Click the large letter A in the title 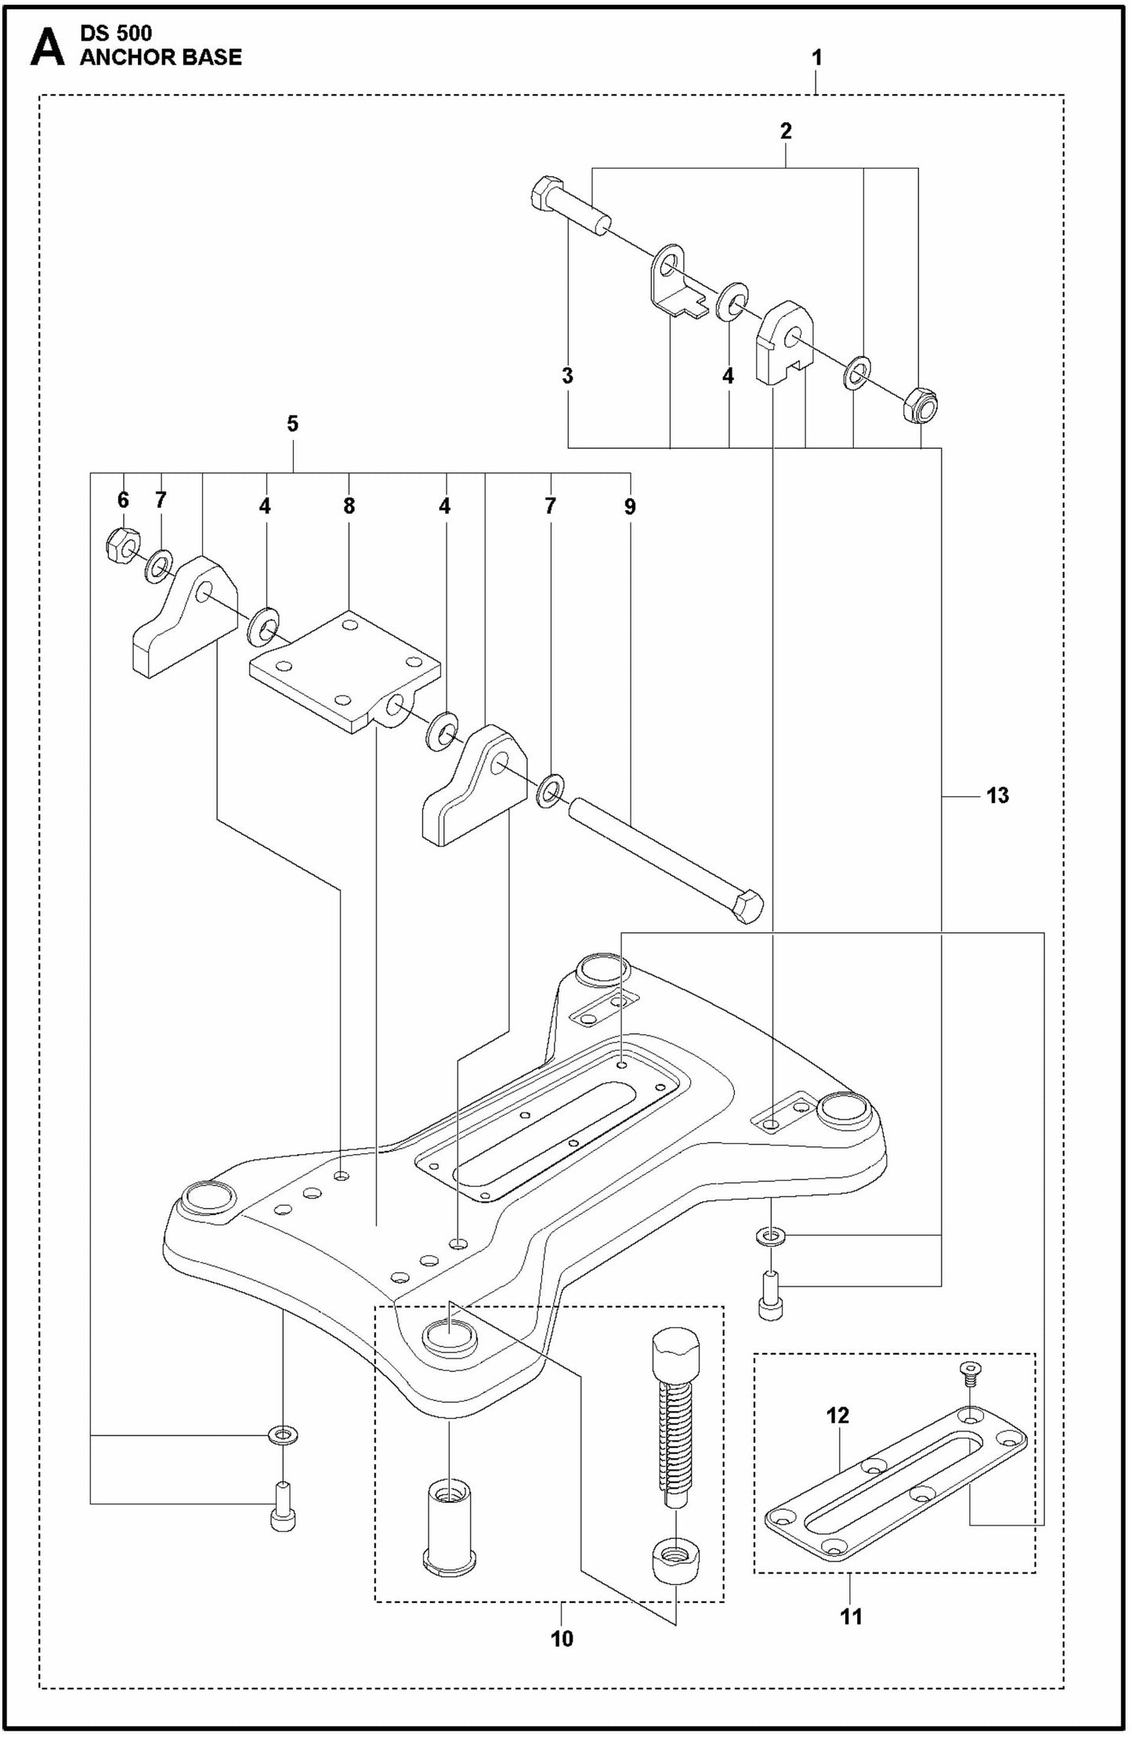coord(47,49)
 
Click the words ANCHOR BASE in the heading coord(161,57)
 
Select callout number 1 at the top coord(816,58)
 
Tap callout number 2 coord(786,131)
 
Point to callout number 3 coord(567,375)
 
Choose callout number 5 coord(292,424)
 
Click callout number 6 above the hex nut coord(123,499)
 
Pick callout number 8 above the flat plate coord(349,506)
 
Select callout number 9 coord(630,506)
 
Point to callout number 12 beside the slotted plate coord(837,1416)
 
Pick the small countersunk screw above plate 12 coord(970,1373)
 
